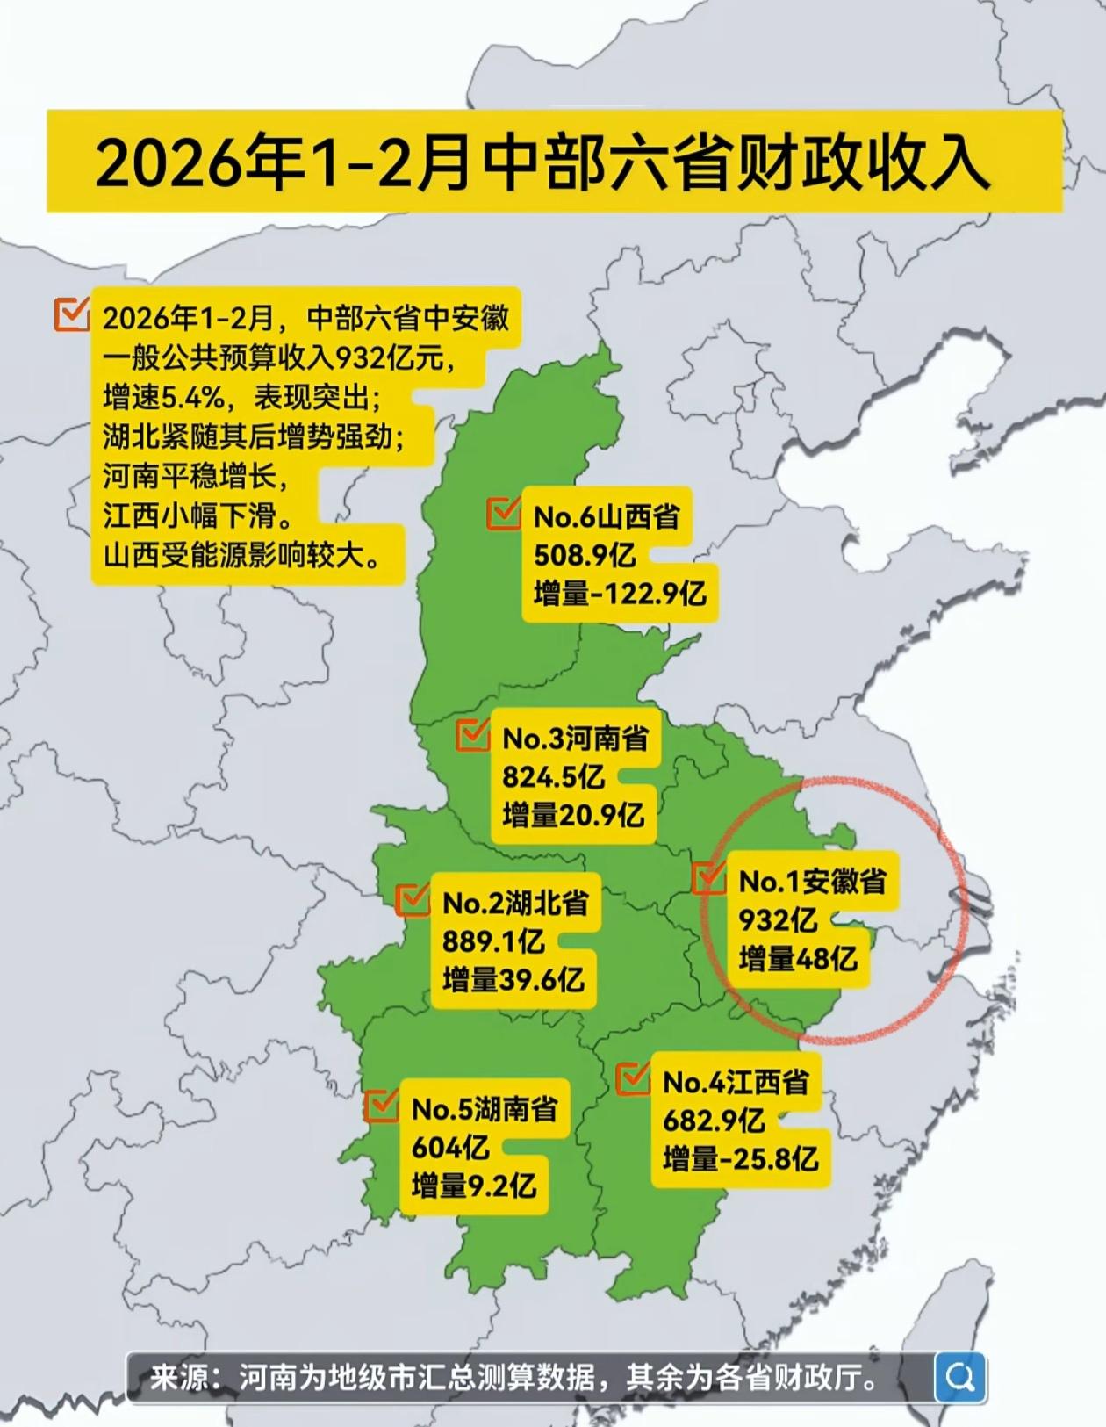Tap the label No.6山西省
point(607,516)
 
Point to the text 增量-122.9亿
point(619,594)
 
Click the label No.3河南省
point(575,739)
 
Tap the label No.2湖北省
point(515,903)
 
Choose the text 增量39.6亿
point(513,979)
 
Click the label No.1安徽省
point(812,881)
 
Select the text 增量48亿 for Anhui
point(797,958)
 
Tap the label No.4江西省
point(736,1082)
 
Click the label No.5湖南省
point(485,1109)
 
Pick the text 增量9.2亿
point(473,1186)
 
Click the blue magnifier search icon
point(959,1377)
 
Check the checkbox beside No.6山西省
point(504,514)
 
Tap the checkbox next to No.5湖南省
point(382,1105)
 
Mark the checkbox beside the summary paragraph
point(71,314)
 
